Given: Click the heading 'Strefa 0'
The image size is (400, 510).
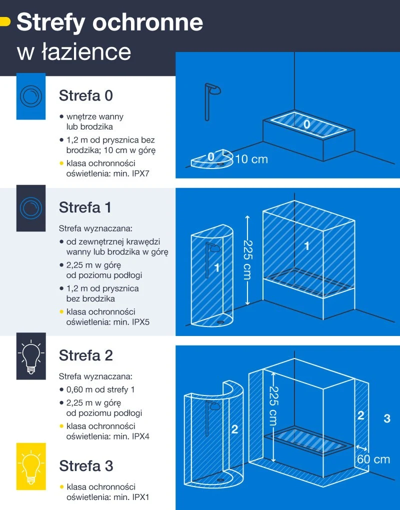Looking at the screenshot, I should [85, 95].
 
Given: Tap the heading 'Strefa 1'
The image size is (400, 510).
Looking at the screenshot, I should [85, 207].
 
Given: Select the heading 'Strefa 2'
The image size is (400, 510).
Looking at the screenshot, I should [86, 355].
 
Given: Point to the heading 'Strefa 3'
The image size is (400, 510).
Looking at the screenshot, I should [86, 466].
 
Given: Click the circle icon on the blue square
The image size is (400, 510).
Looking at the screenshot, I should [31, 95].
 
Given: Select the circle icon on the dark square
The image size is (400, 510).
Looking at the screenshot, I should [31, 207].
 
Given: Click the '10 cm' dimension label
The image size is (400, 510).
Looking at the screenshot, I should [251, 159].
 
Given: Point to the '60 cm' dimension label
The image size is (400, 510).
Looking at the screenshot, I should [373, 459].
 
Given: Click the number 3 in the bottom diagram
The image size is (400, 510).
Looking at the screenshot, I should [386, 418].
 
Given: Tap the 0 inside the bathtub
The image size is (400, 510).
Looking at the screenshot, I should [307, 124].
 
